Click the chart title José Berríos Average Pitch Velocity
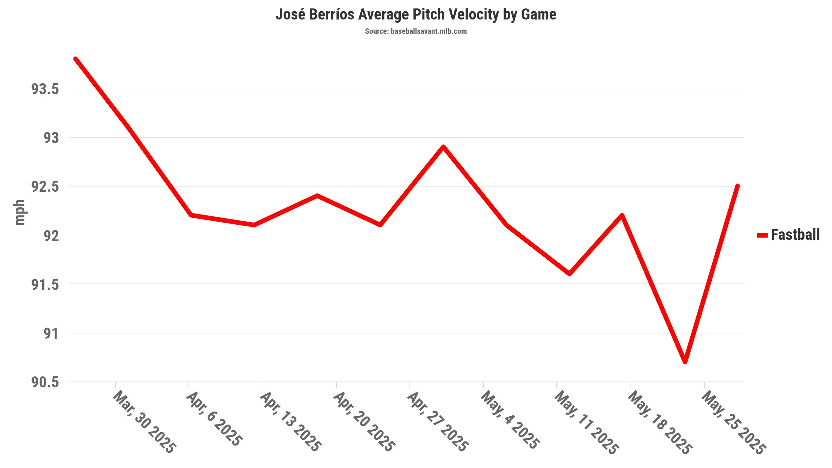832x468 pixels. tap(416, 14)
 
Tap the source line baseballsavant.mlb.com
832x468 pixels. tap(416, 31)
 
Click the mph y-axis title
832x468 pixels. tap(19, 213)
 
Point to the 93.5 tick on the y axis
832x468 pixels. tap(45, 89)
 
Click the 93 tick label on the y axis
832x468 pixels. tap(51, 138)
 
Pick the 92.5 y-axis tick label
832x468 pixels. tap(45, 187)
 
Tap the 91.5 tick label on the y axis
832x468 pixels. tap(45, 285)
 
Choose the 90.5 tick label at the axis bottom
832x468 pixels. tap(45, 382)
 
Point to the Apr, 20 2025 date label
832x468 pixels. tap(364, 421)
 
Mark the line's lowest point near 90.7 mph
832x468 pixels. tap(685, 362)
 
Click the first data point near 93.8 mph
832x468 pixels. tap(76, 59)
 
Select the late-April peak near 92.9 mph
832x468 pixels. tap(443, 147)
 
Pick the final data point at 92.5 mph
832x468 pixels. tap(737, 186)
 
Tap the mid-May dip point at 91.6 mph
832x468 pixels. tap(569, 274)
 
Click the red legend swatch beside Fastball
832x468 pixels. tap(762, 235)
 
